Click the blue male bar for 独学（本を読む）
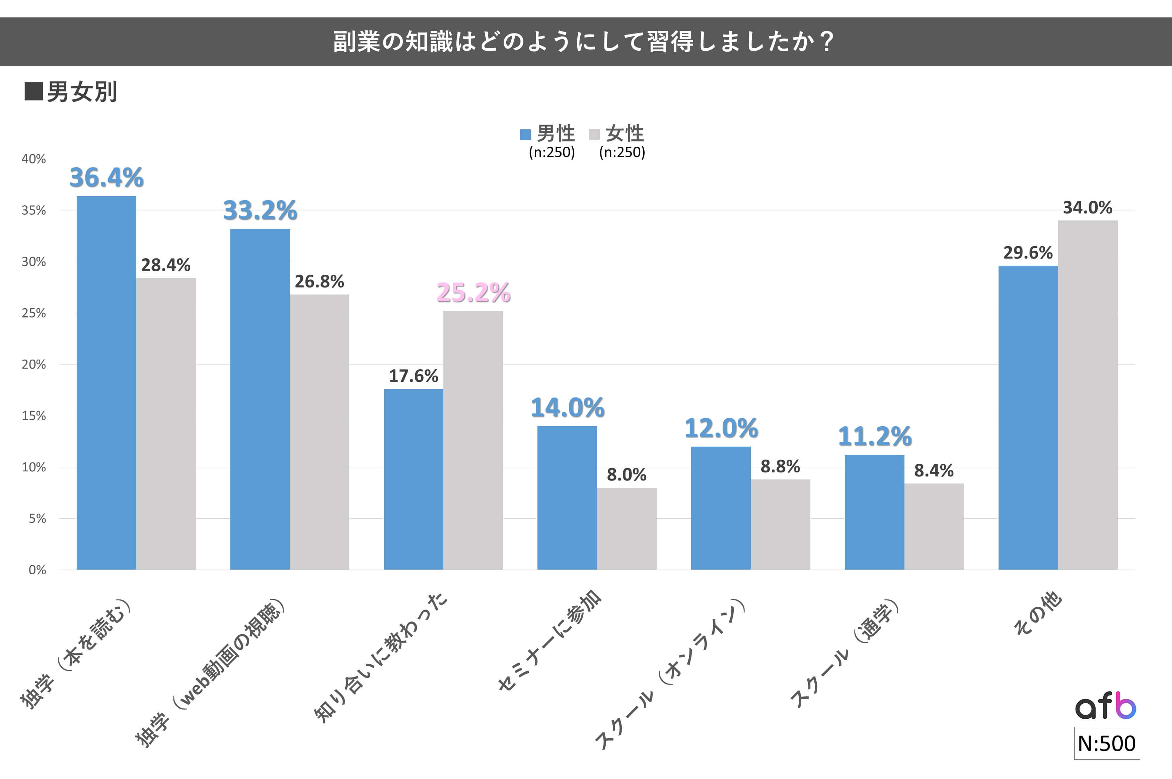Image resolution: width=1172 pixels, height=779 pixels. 106,383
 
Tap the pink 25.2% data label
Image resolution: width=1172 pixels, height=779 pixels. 473,293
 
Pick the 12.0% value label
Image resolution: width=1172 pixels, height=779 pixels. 721,428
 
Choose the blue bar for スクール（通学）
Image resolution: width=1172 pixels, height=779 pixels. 874,512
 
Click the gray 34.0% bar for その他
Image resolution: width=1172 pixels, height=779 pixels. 1088,395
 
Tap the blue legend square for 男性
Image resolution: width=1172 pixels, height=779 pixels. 525,135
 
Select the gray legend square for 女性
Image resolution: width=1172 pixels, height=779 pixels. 594,135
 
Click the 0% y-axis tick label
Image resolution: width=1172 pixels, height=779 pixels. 37,570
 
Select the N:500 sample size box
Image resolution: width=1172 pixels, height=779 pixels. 1106,743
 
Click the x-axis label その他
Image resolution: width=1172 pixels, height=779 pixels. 1037,613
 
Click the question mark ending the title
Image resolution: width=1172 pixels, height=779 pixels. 826,42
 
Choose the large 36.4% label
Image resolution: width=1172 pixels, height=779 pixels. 106,178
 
